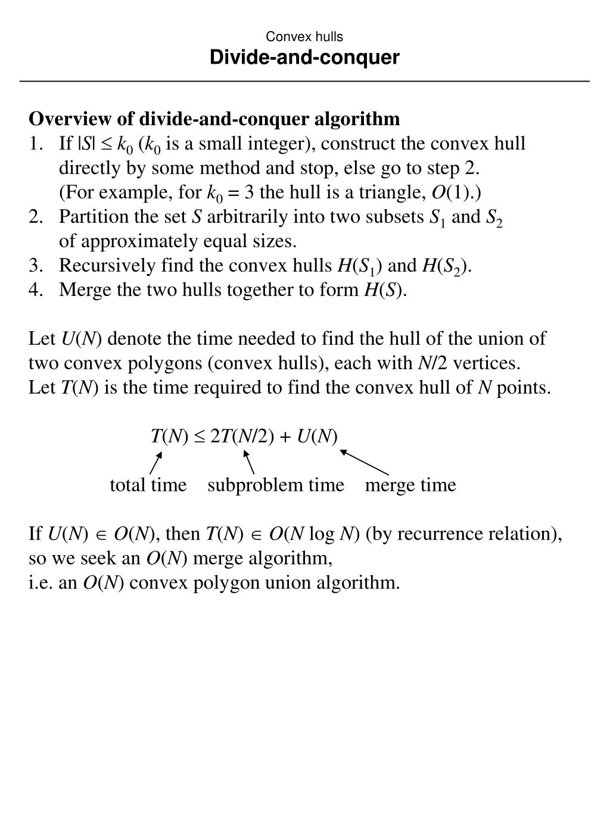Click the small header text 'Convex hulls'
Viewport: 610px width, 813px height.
pos(304,37)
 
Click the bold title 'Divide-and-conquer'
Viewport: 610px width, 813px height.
pos(304,58)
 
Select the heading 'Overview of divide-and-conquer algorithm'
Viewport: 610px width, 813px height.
pos(214,119)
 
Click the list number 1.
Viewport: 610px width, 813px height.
pos(35,144)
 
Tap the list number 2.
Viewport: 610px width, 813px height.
pos(35,217)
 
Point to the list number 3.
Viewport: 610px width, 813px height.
pos(35,266)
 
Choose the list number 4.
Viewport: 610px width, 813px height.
pos(35,290)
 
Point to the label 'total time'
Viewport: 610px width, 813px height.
pos(148,485)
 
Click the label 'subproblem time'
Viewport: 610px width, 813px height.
pos(276,485)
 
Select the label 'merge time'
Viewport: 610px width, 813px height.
pos(410,485)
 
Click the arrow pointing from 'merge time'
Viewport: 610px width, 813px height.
pos(364,462)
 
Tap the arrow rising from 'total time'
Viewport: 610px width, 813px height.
pos(156,463)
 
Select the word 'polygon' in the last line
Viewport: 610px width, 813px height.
pos(229,583)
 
